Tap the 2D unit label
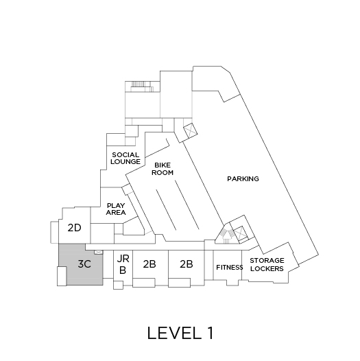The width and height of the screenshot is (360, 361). point(74,228)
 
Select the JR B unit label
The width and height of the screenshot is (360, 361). point(123,264)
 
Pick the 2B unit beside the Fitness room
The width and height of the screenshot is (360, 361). point(187,264)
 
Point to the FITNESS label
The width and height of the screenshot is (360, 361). point(229,267)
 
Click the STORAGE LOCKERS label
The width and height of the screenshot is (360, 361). point(267,264)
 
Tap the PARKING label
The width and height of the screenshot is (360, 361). point(243,178)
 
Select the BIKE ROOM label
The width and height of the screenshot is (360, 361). point(163,169)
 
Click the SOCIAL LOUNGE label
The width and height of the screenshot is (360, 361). point(125,158)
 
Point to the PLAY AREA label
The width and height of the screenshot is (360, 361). point(116,209)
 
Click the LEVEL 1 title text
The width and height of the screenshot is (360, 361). point(180,333)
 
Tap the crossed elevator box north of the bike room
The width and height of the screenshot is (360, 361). point(191,130)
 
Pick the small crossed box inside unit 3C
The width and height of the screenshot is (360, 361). point(99,253)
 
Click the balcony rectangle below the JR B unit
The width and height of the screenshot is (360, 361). point(118,285)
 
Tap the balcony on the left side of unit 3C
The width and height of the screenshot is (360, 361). point(62,277)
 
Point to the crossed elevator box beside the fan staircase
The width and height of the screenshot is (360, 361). point(240,233)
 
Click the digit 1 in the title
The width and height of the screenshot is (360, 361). point(210,333)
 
